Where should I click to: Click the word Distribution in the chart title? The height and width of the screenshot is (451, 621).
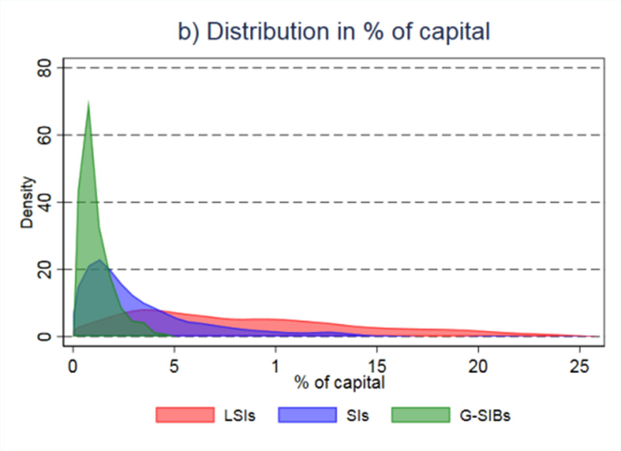coord(267,32)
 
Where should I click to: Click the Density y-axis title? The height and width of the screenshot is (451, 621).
coord(27,202)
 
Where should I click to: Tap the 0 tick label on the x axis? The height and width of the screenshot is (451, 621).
coord(73,366)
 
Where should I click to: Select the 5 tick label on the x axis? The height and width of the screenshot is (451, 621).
coord(174,366)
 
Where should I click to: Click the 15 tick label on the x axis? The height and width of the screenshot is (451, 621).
coord(377,366)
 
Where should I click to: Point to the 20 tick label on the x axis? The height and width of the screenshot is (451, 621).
coord(478,366)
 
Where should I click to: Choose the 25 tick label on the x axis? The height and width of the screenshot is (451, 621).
coord(579,366)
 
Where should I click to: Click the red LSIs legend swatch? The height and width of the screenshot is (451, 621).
coord(185,415)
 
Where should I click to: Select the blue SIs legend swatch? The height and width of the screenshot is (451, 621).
coord(307,415)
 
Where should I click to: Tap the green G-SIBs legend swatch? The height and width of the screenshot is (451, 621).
coord(421,415)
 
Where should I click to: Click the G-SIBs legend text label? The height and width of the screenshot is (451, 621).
coord(485,416)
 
